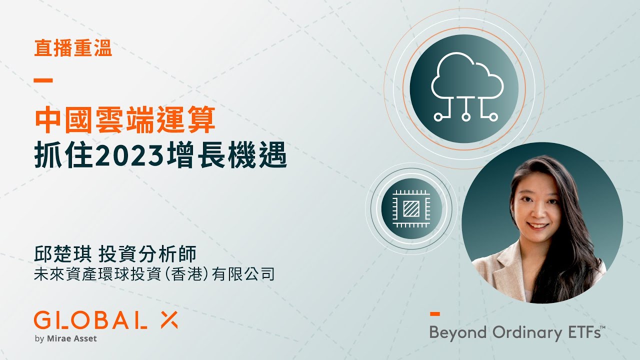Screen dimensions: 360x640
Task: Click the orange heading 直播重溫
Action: [x=73, y=49]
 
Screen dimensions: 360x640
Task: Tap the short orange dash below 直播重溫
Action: [x=43, y=80]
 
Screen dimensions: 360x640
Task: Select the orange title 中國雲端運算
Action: [x=124, y=120]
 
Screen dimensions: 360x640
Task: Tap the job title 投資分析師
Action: [x=147, y=254]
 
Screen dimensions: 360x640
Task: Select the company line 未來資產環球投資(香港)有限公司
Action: [x=154, y=274]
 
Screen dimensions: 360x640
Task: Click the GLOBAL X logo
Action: [x=105, y=320]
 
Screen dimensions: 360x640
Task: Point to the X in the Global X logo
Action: [x=167, y=320]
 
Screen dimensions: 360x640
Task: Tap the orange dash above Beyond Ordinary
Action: [x=434, y=314]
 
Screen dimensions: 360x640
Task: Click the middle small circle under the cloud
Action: [x=466, y=117]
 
